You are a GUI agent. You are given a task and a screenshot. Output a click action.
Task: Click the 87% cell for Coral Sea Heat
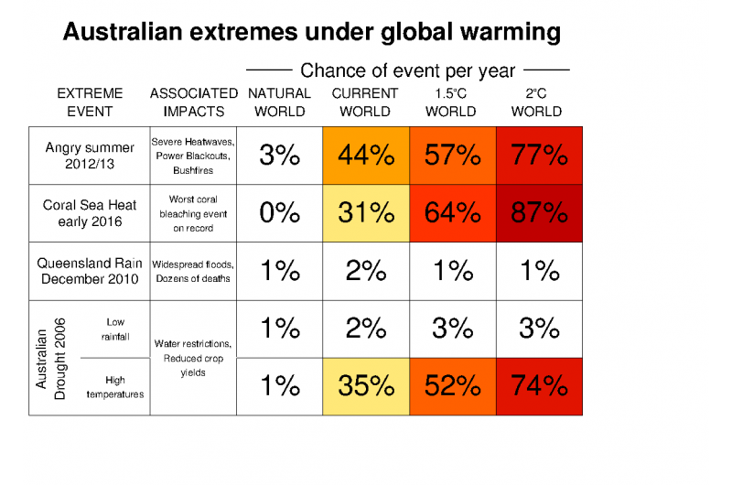pos(539,213)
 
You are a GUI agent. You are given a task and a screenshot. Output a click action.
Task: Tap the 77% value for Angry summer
pos(539,156)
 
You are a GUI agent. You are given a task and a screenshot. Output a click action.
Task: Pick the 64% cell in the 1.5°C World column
pos(452,213)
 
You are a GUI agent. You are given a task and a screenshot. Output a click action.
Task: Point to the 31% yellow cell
pos(365,213)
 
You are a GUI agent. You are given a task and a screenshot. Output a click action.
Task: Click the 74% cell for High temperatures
pos(539,385)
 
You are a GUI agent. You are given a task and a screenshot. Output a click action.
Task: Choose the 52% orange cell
pos(452,385)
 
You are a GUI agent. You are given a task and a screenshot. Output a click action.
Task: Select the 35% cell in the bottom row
pos(365,385)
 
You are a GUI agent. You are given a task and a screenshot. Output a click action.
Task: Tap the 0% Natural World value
pos(279,213)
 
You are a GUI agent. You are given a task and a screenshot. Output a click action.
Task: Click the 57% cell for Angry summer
pos(452,156)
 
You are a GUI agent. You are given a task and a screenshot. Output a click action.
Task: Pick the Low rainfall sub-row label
pos(115,329)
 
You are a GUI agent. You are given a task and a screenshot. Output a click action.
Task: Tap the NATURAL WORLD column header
pos(279,102)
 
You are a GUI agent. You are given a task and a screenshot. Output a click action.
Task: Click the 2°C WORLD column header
pos(536,102)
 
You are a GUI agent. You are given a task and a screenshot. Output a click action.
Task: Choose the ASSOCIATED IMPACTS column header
pos(193,102)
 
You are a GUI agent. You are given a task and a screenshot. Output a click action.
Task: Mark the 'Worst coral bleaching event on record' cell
pos(192,213)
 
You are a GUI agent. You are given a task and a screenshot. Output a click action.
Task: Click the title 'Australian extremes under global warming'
pos(311,34)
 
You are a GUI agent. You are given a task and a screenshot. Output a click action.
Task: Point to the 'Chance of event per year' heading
pos(408,70)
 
